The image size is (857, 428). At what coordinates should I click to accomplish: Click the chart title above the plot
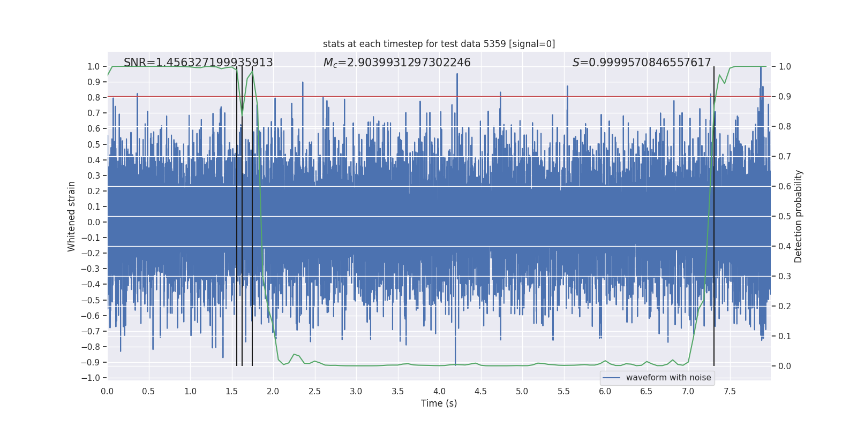(x=439, y=44)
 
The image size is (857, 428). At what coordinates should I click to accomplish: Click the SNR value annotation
(x=198, y=63)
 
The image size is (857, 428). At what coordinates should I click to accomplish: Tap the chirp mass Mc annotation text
(x=397, y=63)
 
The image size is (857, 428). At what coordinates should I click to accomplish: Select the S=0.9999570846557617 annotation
(x=642, y=63)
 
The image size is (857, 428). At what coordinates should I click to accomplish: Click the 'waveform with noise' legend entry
(x=668, y=378)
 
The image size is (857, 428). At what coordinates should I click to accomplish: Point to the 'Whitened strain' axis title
(x=72, y=216)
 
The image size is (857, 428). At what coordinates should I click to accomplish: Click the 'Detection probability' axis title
(x=799, y=216)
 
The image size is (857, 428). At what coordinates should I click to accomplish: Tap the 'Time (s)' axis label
(x=439, y=403)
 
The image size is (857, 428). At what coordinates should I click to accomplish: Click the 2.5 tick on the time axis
(x=314, y=391)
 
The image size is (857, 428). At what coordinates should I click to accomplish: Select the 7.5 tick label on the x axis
(x=730, y=391)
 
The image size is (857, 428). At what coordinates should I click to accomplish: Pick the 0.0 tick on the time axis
(x=107, y=391)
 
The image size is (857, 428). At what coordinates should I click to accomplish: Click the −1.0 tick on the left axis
(x=91, y=378)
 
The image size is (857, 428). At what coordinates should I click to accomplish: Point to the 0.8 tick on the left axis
(x=94, y=97)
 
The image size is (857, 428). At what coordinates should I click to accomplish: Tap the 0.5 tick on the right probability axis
(x=785, y=216)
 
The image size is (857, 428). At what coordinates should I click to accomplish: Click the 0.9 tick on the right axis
(x=785, y=96)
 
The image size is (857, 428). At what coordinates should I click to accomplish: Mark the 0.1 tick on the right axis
(x=785, y=336)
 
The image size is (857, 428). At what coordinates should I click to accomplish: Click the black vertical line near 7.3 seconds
(x=714, y=214)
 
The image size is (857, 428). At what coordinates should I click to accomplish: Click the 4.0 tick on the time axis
(x=439, y=391)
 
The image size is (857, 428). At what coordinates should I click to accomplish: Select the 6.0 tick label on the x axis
(x=605, y=391)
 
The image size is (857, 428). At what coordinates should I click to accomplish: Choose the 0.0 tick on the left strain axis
(x=94, y=222)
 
